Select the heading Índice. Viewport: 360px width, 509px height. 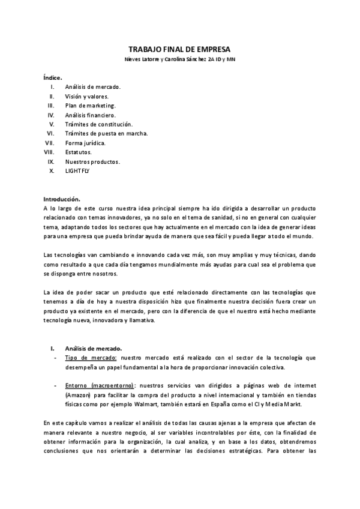53,78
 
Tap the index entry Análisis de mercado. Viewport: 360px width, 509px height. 93,87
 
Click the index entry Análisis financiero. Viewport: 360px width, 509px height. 91,115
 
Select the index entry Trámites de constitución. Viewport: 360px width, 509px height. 98,124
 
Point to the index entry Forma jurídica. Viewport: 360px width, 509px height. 85,143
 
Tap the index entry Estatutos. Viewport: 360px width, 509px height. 78,152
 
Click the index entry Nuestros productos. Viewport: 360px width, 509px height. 92,161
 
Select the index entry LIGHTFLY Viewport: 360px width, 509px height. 77,170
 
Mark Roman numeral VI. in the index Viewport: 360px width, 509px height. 51,133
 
